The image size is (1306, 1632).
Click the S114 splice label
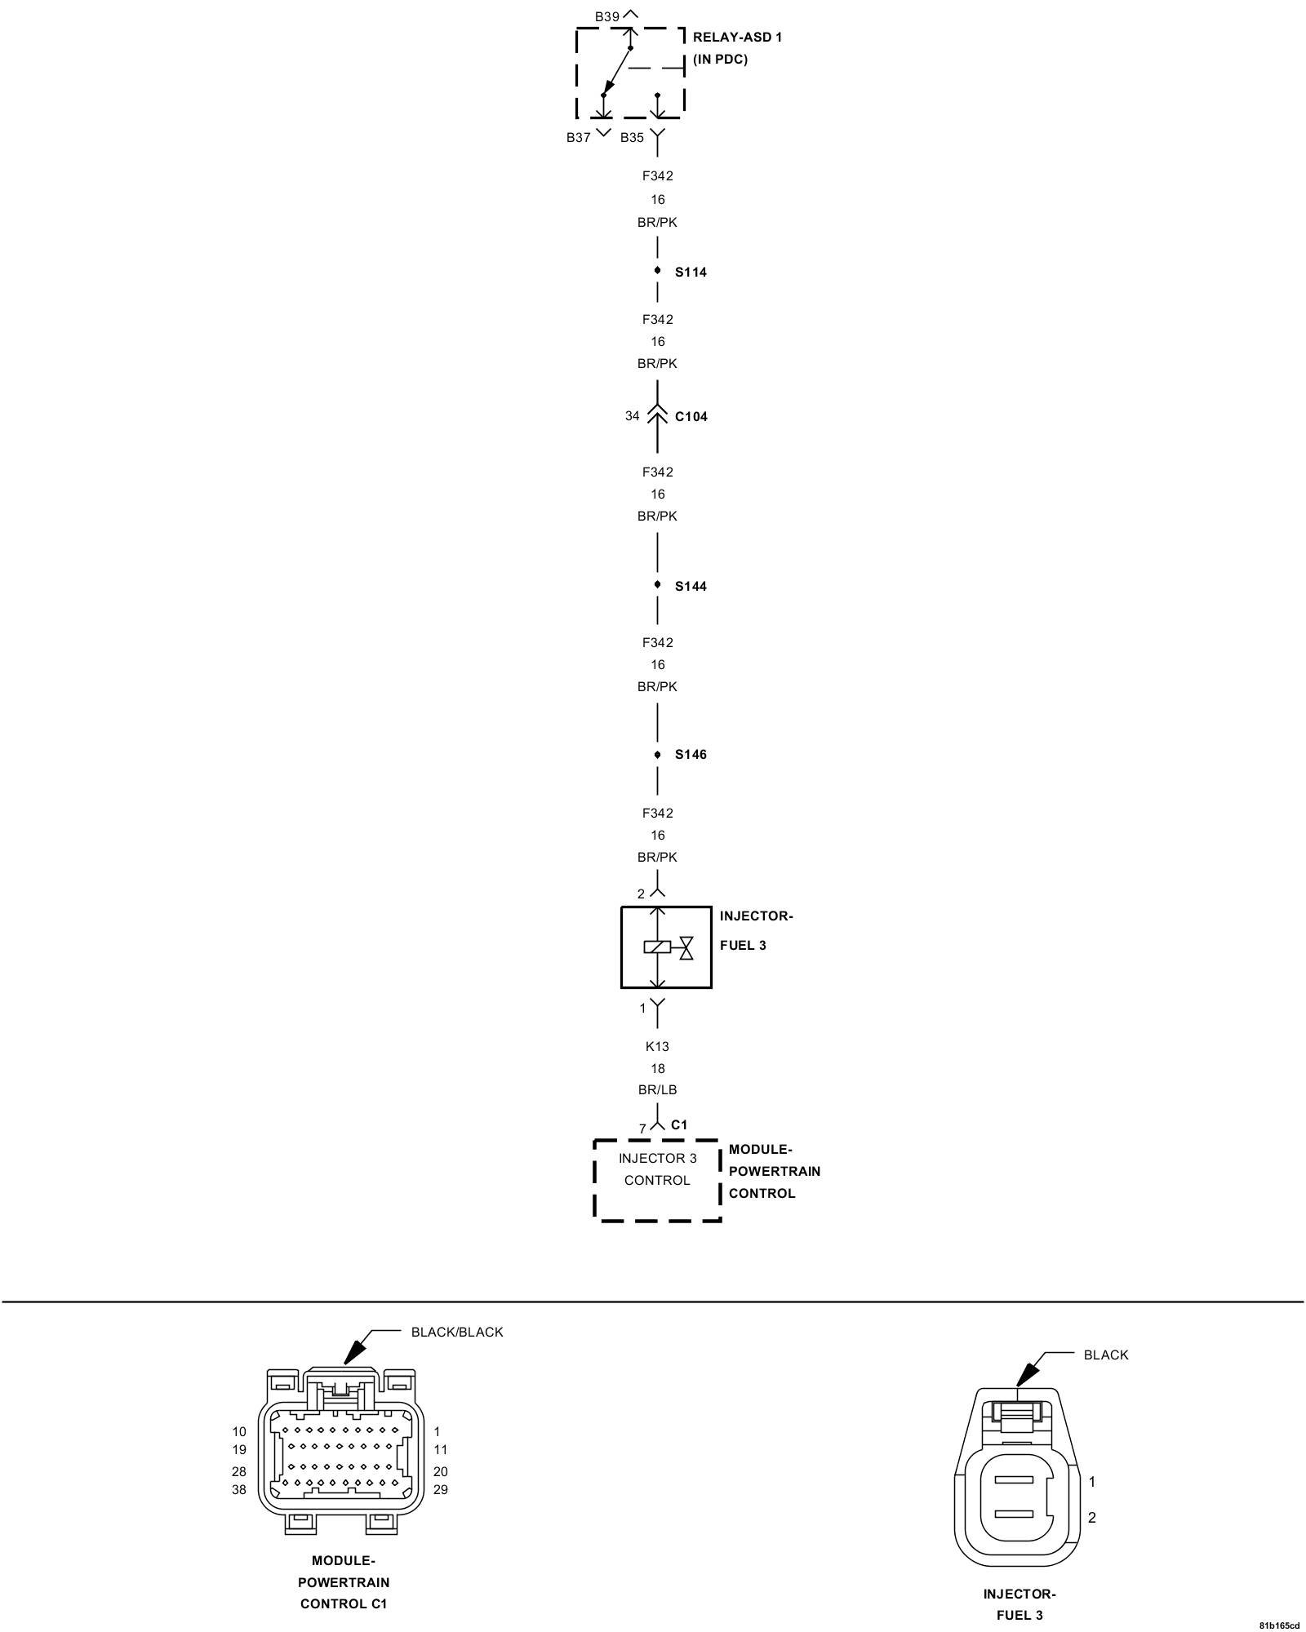tap(691, 273)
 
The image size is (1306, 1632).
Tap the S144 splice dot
tap(657, 585)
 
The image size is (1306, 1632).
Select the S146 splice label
tap(691, 755)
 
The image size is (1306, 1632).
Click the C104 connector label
tap(691, 417)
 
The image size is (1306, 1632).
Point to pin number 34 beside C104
tap(633, 416)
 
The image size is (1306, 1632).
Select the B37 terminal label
tap(579, 138)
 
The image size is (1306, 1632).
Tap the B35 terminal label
tap(633, 138)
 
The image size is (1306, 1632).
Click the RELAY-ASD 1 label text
tap(737, 38)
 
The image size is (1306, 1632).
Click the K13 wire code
tap(657, 1046)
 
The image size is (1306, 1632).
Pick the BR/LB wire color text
tap(657, 1090)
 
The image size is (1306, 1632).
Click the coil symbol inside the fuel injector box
tap(657, 947)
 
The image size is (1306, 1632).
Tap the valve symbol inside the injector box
tap(686, 947)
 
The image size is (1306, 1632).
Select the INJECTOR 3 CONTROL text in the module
tap(657, 1169)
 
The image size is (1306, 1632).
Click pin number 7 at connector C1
tap(642, 1129)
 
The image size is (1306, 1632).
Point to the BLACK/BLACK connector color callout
tap(457, 1333)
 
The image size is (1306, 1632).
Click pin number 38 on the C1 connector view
tap(239, 1490)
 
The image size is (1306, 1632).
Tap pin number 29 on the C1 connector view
tap(441, 1490)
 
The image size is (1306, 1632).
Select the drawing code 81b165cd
tap(1278, 1625)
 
